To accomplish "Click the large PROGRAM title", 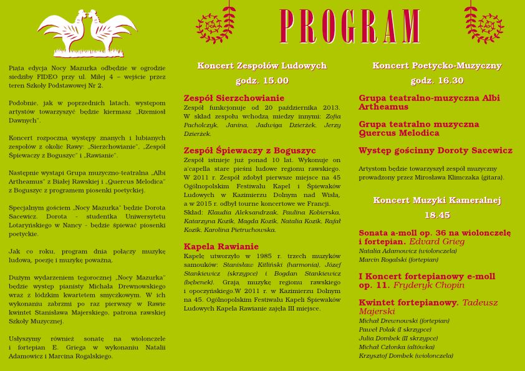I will pyautogui.click(x=350, y=26).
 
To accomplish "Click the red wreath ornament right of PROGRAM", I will pyautogui.click(x=484, y=25).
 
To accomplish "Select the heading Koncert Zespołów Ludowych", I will pyautogui.click(x=262, y=65).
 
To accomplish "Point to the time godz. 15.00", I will pyautogui.click(x=262, y=80).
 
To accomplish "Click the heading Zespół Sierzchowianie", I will pyautogui.click(x=234, y=98).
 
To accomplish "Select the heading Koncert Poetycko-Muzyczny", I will pyautogui.click(x=436, y=65).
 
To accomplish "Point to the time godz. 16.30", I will pyautogui.click(x=436, y=80).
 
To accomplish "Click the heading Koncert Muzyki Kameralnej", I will pyautogui.click(x=436, y=200).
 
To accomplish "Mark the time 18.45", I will pyautogui.click(x=436, y=215).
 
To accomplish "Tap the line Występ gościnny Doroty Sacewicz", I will pyautogui.click(x=435, y=150).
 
